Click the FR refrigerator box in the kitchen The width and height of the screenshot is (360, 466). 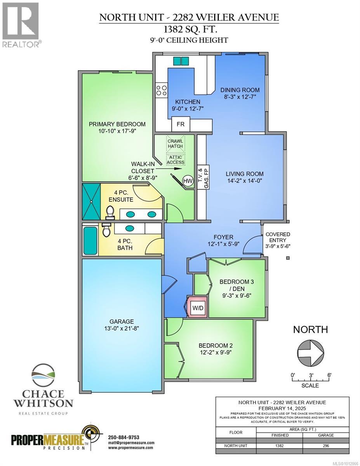coord(181,124)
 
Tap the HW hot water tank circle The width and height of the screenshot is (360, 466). coord(188,181)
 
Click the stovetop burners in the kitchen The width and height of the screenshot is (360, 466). coord(162,90)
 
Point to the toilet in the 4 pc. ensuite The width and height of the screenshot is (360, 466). coord(110,212)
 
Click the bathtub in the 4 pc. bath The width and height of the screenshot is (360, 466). coord(90,241)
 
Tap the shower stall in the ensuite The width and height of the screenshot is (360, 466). coord(91,202)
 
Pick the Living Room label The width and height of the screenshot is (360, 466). coord(245,174)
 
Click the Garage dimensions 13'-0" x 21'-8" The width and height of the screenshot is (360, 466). coord(122,328)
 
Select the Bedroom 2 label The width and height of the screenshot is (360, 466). coord(216,346)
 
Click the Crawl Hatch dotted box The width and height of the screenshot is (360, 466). coord(176,144)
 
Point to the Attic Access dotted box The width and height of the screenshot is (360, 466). coord(176,160)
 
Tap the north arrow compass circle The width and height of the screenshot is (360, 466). coord(310,353)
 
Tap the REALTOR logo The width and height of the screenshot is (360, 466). coord(21,25)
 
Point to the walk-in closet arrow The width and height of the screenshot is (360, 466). coord(169,169)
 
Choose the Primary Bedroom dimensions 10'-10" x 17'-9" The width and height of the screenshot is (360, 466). coord(117,131)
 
